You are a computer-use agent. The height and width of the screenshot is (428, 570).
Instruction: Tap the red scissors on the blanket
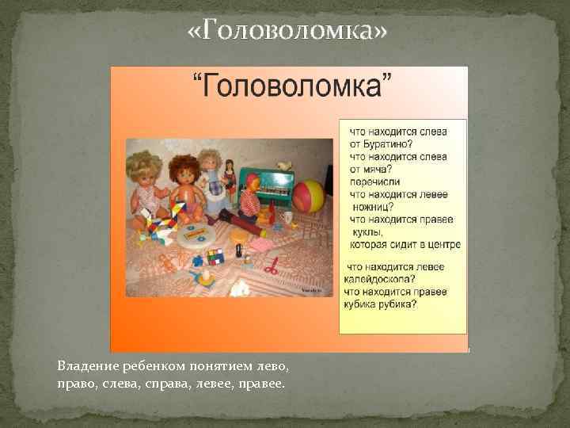(x=272, y=268)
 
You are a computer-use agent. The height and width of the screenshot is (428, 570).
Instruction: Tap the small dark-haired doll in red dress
(x=230, y=177)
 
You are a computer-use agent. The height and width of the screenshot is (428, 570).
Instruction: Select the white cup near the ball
(x=288, y=216)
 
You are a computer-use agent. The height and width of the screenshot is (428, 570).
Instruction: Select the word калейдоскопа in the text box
(x=379, y=278)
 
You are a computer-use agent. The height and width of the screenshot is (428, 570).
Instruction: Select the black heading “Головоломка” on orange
(x=290, y=85)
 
